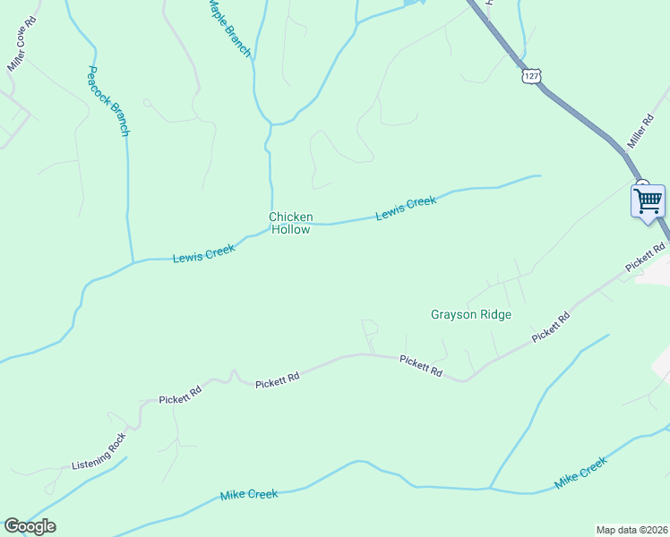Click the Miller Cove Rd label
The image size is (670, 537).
click(x=22, y=44)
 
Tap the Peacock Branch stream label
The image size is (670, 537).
click(x=108, y=100)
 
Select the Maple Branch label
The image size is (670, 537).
click(x=229, y=28)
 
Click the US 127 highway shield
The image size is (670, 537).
click(x=533, y=76)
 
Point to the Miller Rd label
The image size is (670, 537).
click(x=640, y=131)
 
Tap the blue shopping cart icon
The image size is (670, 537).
click(x=648, y=200)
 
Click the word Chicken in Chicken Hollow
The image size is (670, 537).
click(x=291, y=217)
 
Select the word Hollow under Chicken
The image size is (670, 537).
click(x=291, y=230)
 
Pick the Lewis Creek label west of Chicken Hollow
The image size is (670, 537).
click(x=203, y=253)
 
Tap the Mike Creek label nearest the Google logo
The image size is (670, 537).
click(x=249, y=494)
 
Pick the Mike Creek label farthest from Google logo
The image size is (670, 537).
click(x=580, y=473)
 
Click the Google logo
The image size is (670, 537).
click(x=30, y=526)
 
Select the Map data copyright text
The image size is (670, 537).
click(x=631, y=529)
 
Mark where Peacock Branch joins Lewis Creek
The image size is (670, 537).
click(x=133, y=262)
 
